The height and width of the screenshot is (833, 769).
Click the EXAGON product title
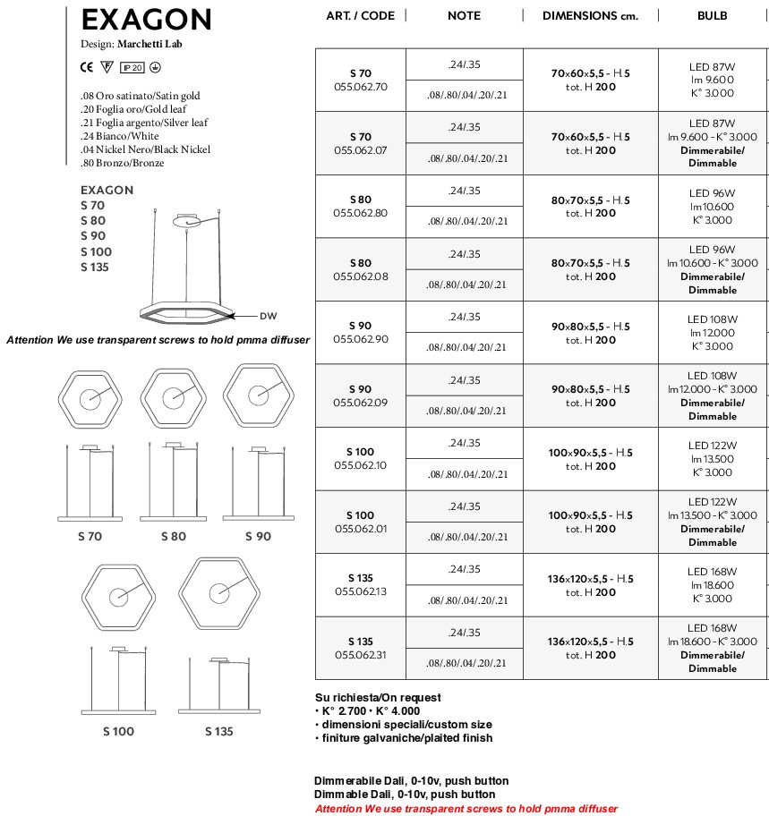146,20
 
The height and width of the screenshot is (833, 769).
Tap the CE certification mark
87,67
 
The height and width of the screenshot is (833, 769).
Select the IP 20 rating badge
132,67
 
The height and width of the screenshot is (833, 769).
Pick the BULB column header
712,15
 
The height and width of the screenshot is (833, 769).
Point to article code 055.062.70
360,87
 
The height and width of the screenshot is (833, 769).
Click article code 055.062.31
360,655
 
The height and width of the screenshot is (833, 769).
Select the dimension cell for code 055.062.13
590,585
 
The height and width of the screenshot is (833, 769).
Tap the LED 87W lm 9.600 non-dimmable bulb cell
712,80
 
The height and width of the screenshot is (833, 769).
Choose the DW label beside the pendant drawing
268,316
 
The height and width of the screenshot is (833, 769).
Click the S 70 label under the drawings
90,537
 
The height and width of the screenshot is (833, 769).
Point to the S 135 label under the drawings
218,732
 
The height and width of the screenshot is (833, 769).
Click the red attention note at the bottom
466,809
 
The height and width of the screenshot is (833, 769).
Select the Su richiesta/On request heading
378,698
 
